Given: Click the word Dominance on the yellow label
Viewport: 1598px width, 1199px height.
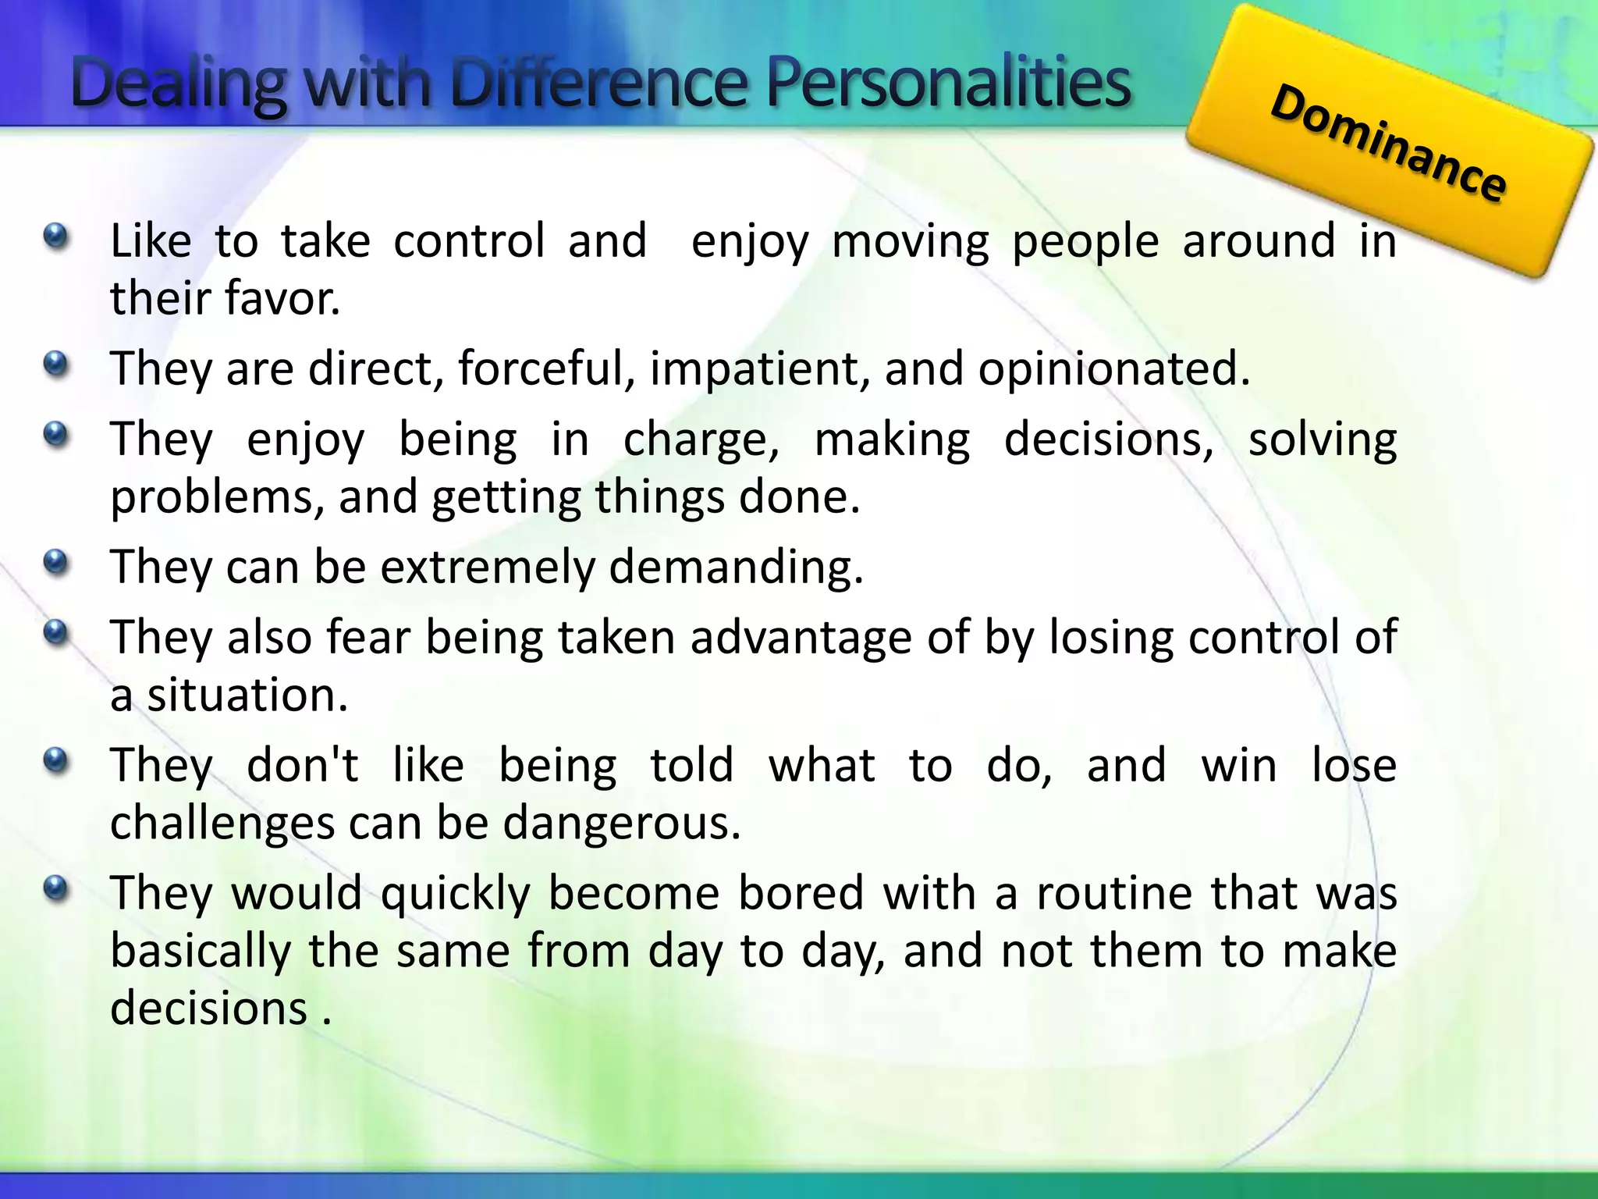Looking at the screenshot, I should click(1388, 144).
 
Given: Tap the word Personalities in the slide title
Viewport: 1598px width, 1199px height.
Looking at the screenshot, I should click(948, 84).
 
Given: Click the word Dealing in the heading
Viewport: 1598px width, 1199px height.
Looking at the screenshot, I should click(179, 84).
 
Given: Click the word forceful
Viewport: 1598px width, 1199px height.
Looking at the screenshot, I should click(546, 368).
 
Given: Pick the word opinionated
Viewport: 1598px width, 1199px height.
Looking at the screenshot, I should click(1113, 369).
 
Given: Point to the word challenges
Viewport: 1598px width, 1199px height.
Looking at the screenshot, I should click(222, 824).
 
